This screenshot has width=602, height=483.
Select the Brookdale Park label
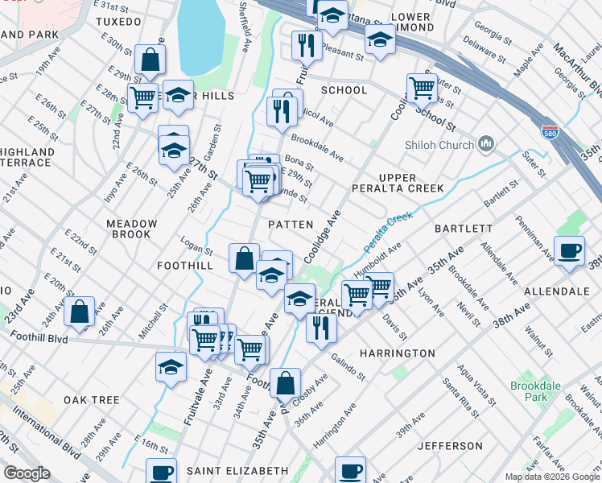(535, 392)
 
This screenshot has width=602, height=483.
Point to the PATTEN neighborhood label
(290, 225)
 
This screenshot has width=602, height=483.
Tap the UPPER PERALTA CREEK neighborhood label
(398, 183)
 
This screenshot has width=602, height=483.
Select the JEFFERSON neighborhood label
(450, 446)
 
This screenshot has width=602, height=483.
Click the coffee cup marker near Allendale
(569, 250)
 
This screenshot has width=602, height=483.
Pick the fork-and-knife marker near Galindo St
(321, 327)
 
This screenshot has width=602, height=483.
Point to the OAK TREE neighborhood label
(92, 400)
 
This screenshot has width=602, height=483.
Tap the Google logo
(27, 473)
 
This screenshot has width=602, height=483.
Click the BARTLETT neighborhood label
(464, 229)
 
